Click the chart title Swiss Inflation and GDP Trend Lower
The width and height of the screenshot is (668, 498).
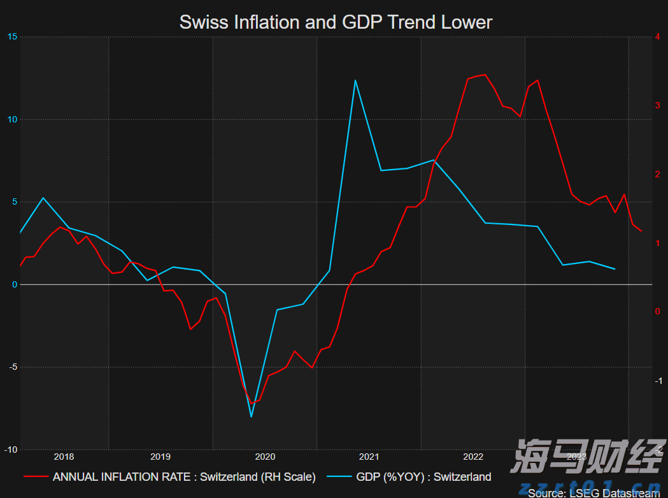pos(336,22)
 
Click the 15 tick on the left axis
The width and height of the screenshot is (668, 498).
pos(11,37)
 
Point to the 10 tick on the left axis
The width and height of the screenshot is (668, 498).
pos(11,119)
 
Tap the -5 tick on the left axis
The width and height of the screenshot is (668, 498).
pos(11,367)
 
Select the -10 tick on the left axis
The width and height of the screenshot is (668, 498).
pos(10,450)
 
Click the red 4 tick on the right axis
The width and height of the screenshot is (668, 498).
pos(657,37)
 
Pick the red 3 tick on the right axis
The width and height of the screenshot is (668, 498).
pos(657,105)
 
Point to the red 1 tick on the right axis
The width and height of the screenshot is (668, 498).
pos(657,244)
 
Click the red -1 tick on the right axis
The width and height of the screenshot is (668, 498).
pos(656,381)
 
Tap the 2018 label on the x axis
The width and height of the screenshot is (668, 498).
pos(64,457)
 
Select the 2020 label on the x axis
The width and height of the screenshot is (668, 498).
pos(264,457)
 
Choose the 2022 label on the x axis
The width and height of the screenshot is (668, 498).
pos(473,457)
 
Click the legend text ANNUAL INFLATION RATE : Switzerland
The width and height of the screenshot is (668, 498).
pos(184,477)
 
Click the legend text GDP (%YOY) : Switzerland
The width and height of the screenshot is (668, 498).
pos(423,477)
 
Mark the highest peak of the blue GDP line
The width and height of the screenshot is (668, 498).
pos(355,80)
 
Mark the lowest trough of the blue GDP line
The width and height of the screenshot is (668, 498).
pos(252,417)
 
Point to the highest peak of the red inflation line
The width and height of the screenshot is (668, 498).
pos(485,75)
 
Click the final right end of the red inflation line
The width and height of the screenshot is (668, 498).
pos(641,231)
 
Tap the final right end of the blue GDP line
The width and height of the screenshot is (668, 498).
pos(615,269)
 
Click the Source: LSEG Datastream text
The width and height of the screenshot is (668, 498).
pos(593,493)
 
